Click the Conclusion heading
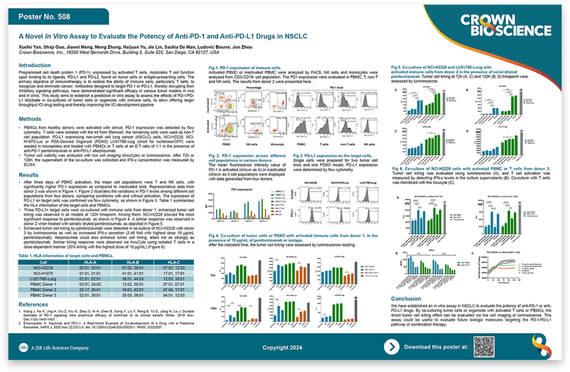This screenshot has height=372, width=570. (410, 299)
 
